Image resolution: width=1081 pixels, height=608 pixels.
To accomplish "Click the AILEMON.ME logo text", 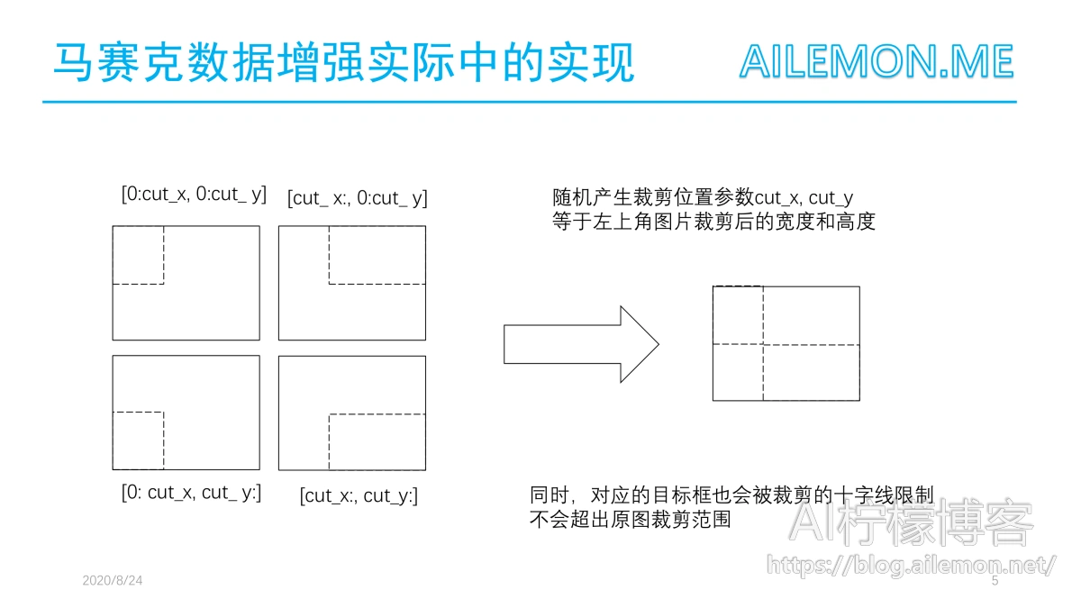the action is (x=877, y=62).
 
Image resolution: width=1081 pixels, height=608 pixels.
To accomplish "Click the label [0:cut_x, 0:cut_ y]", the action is (x=194, y=195).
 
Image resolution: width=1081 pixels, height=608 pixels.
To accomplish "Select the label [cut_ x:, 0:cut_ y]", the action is (x=358, y=198).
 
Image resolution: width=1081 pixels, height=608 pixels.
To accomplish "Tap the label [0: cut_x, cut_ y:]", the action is (x=192, y=493).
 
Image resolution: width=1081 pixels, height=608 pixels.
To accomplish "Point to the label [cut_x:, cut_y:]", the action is (x=359, y=496).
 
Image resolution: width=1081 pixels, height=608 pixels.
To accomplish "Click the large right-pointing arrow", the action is (x=581, y=344).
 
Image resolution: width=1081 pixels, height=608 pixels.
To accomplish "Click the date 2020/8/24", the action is (x=113, y=580).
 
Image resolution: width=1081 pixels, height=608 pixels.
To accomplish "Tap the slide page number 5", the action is (x=995, y=580).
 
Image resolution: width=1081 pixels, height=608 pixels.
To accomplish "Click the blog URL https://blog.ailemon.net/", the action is (x=911, y=565).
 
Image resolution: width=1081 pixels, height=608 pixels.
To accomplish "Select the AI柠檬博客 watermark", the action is (x=911, y=523).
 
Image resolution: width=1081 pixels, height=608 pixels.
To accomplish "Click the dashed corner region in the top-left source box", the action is (x=138, y=255).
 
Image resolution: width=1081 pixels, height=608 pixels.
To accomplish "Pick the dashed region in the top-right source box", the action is (x=377, y=255).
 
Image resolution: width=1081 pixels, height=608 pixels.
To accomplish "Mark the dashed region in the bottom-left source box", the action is (x=138, y=440).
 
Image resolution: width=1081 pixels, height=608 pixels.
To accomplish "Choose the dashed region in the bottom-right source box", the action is (x=377, y=442).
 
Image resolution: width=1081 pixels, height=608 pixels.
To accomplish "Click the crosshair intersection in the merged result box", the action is (x=763, y=344).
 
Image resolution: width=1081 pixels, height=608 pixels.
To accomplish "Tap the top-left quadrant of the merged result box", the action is (x=738, y=315).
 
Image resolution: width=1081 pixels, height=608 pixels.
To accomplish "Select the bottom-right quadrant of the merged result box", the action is (x=812, y=373).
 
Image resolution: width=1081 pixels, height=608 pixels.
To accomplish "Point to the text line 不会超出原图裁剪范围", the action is (x=631, y=520).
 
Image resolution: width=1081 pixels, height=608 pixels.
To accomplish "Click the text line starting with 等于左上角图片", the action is (x=713, y=222).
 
